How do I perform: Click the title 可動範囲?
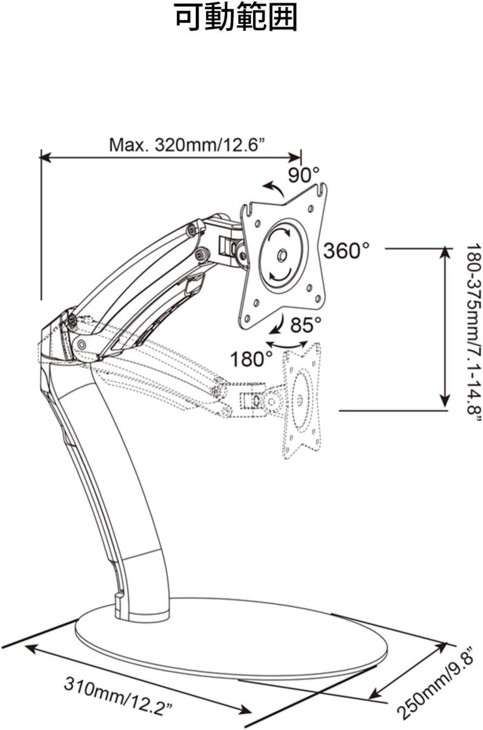[x=236, y=17]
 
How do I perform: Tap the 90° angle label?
[x=304, y=174]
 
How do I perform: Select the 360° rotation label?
[x=346, y=250]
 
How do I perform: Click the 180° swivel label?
[x=252, y=359]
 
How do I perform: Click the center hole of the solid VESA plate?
[x=281, y=255]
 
